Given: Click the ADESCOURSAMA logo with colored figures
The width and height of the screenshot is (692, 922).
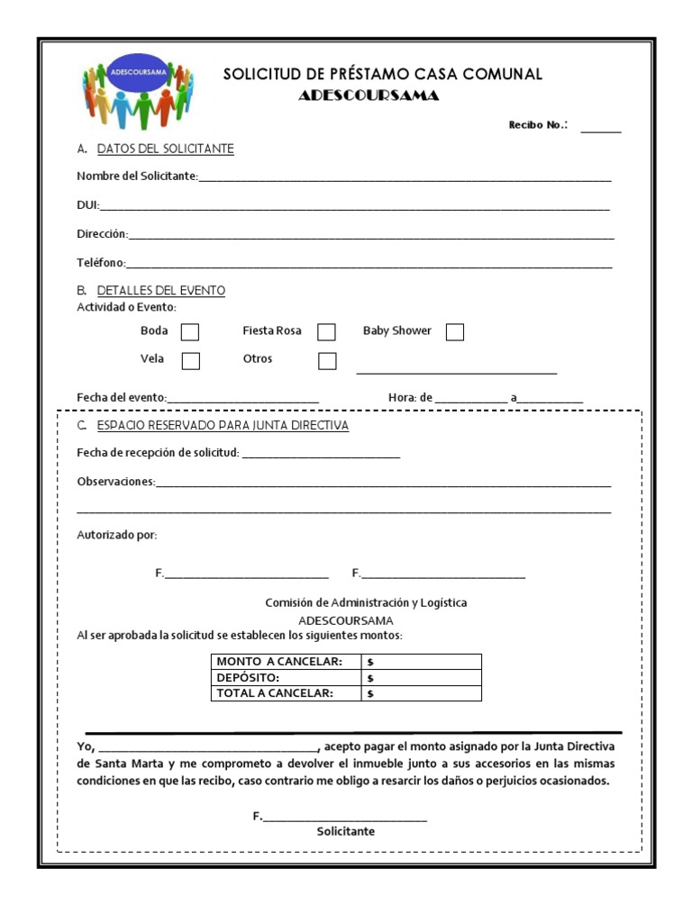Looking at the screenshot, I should pos(138,94).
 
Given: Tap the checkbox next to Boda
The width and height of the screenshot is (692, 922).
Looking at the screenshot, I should pos(190,332).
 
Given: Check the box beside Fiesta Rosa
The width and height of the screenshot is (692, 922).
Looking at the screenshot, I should pos(326,332).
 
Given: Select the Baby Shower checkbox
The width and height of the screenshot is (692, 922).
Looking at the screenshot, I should pos(455,332).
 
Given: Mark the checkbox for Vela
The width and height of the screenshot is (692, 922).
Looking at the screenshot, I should pos(190,361).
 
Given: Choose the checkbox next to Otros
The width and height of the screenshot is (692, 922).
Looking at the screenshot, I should pos(326,361).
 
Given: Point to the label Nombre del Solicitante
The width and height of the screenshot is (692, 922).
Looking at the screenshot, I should pos(137,176).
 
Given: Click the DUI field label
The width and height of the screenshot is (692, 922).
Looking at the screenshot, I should pos(86,206).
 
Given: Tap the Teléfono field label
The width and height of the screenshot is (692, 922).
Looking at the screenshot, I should pos(100,264).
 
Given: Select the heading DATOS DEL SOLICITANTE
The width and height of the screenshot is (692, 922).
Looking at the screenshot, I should pos(165,149).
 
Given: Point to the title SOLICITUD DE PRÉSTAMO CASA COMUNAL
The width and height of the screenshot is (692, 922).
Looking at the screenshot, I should pos(383,75).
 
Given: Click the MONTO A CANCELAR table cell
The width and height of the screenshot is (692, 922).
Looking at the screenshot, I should pos(279,662).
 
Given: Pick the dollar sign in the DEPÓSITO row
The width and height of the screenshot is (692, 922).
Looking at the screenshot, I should pos(370,678).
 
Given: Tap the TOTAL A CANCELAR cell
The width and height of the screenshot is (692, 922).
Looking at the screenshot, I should pos(275,693).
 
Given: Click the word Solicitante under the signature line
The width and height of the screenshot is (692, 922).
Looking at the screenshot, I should pos(345,831).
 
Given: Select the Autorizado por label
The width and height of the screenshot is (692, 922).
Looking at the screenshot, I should pos(116,535).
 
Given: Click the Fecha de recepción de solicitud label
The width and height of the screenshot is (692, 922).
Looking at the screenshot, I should pos(158,452).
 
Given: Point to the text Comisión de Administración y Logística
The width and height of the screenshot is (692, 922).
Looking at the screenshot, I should pos(366,602).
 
